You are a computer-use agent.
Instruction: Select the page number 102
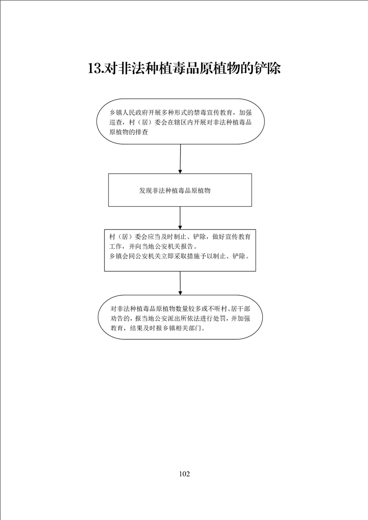pos(184,474)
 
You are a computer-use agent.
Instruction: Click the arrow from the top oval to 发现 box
pos(180,159)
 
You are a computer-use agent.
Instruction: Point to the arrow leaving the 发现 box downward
pos(180,218)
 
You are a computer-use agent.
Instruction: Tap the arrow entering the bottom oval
pos(180,283)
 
